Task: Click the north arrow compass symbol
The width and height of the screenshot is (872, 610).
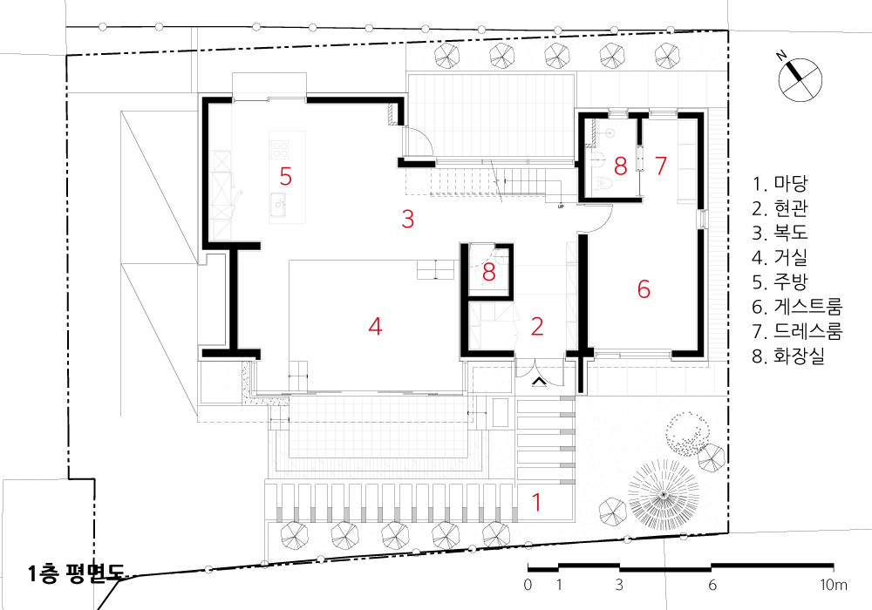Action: tap(799, 79)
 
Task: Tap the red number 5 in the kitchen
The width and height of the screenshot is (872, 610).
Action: tap(285, 176)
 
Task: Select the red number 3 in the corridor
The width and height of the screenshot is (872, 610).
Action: tap(407, 219)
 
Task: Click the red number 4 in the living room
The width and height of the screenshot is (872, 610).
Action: tap(375, 327)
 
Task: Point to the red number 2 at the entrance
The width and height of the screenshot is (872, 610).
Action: tap(536, 327)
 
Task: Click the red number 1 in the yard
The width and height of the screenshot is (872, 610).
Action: tap(536, 502)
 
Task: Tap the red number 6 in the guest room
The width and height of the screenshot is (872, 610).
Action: tap(644, 289)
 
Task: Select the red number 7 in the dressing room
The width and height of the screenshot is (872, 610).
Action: tap(661, 166)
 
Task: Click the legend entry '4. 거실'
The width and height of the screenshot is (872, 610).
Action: tap(780, 257)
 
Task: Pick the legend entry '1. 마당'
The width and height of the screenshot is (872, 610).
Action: tap(780, 183)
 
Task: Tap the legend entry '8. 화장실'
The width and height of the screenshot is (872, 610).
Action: tap(788, 356)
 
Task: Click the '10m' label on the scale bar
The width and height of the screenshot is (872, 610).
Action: tap(834, 585)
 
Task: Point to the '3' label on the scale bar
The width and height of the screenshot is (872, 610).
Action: tap(619, 585)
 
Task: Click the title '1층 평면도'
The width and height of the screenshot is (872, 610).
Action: tap(76, 573)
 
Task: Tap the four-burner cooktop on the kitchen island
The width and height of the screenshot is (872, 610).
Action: tap(280, 149)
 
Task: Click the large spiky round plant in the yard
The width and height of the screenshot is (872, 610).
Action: tap(664, 494)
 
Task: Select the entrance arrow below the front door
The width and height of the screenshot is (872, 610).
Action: tap(538, 381)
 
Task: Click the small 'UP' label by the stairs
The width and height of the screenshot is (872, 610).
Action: tap(561, 207)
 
